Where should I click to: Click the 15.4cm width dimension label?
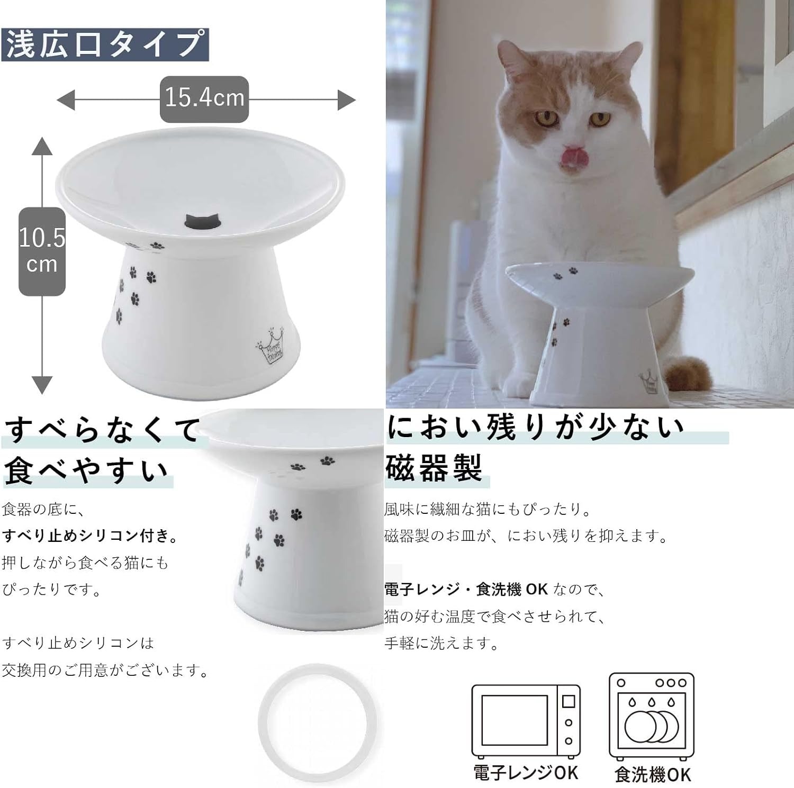pyautogui.click(x=204, y=99)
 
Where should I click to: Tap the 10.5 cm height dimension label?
pyautogui.click(x=42, y=251)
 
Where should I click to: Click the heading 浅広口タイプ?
pyautogui.click(x=105, y=44)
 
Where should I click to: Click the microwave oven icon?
pyautogui.click(x=526, y=721)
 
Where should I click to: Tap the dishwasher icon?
pyautogui.click(x=651, y=715)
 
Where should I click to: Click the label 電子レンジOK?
pyautogui.click(x=526, y=773)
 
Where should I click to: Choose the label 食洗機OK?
pyautogui.click(x=653, y=775)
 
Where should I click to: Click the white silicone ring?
pyautogui.click(x=318, y=722)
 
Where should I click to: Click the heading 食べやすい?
pyautogui.click(x=86, y=470)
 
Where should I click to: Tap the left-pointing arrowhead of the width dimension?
pyautogui.click(x=66, y=100)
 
